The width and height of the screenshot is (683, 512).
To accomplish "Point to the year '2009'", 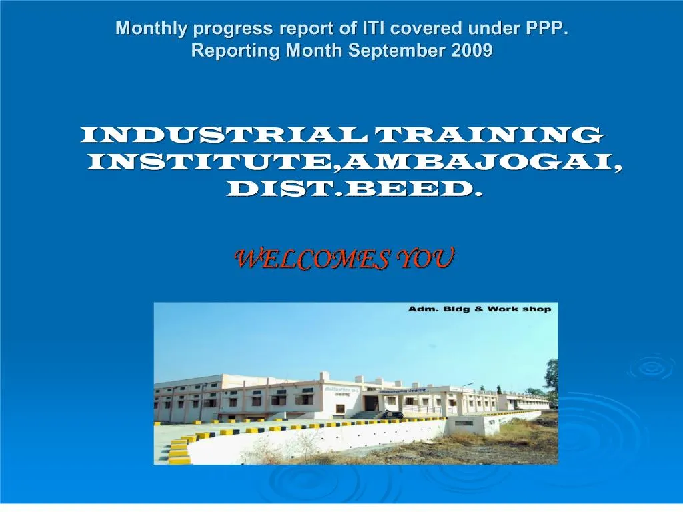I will click(x=472, y=51).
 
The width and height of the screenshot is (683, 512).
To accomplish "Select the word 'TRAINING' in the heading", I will click(x=490, y=135).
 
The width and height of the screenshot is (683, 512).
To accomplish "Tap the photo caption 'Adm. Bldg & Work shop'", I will click(x=480, y=309).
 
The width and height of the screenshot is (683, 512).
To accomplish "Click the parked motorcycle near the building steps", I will click(x=393, y=414).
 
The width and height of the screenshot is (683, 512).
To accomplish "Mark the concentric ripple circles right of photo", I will click(x=650, y=367).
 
